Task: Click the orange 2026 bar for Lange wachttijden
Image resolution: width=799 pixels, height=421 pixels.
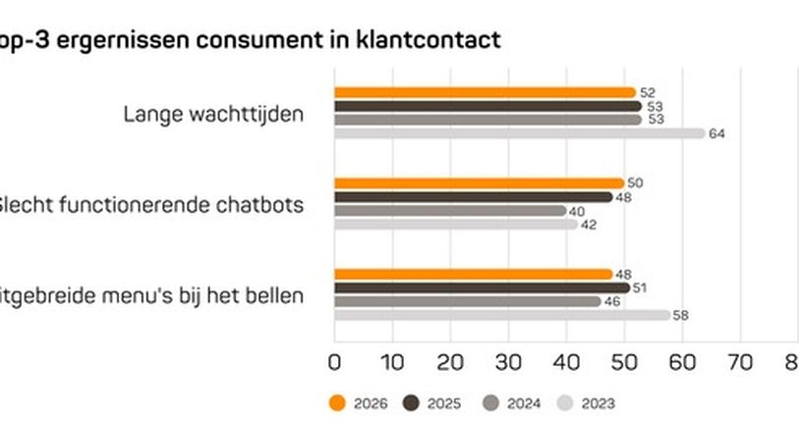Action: (x=485, y=92)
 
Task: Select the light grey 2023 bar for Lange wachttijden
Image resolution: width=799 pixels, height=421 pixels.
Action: (x=519, y=133)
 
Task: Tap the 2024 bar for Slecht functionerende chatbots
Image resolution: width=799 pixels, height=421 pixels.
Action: (x=450, y=210)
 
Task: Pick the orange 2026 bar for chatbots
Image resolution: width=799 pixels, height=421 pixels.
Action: (x=479, y=183)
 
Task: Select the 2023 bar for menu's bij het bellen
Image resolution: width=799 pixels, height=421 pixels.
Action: (x=501, y=315)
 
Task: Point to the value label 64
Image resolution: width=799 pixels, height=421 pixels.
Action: (x=716, y=133)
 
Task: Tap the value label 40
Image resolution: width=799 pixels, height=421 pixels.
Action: (x=577, y=210)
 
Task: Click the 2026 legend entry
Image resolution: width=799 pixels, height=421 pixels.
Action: (x=358, y=402)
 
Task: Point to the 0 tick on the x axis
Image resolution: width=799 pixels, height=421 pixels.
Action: (x=334, y=361)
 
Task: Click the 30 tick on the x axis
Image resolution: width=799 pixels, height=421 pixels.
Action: (x=507, y=361)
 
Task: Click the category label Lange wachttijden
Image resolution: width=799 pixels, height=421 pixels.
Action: (x=213, y=114)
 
